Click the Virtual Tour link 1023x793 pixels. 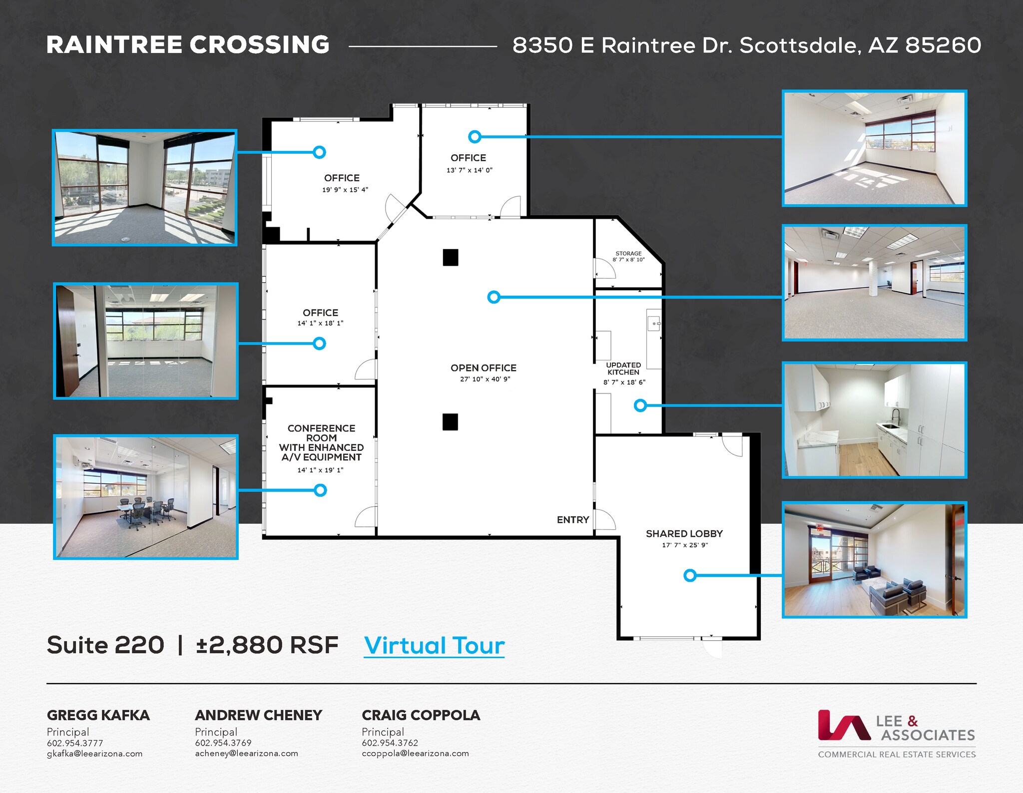tap(434, 646)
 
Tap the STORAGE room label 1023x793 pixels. tap(628, 254)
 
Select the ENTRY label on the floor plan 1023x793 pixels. tap(573, 520)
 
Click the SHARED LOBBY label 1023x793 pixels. tap(684, 534)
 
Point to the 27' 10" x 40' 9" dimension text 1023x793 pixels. tap(485, 379)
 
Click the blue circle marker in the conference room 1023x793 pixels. tap(320, 490)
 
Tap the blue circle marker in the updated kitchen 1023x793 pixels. tap(640, 405)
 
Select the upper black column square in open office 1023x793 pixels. tap(450, 258)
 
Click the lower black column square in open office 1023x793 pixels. tap(450, 422)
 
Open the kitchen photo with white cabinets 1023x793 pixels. tap(874, 420)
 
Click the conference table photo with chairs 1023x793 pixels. tap(145, 497)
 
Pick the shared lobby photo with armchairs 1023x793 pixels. tap(874, 560)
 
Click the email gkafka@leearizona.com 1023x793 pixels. tap(94, 754)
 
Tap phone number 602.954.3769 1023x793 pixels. tap(223, 743)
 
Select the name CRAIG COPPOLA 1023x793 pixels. tap(421, 715)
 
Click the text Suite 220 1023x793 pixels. tap(105, 645)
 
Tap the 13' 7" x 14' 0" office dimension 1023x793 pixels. tap(469, 170)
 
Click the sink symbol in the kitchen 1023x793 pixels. tap(654, 324)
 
